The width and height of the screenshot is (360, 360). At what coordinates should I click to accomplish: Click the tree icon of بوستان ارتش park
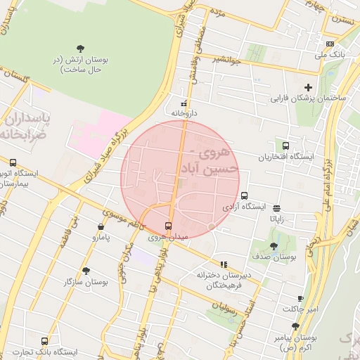click(x=80, y=48)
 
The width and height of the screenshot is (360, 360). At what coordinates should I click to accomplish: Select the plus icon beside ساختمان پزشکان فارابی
click(x=307, y=86)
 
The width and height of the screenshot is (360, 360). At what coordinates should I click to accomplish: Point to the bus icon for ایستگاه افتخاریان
click(x=285, y=145)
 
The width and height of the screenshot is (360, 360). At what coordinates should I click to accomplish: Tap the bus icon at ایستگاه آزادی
click(x=244, y=195)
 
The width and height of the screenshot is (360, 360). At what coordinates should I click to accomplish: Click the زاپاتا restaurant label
click(x=276, y=219)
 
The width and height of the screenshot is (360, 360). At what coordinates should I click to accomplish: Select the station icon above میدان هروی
click(x=168, y=226)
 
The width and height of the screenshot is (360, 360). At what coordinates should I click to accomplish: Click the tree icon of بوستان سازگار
click(x=86, y=271)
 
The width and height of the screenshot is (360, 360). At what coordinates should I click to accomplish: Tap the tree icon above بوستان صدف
click(x=274, y=246)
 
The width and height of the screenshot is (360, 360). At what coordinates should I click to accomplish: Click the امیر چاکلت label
click(x=301, y=309)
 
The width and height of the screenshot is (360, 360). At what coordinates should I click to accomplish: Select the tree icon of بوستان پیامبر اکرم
click(x=295, y=326)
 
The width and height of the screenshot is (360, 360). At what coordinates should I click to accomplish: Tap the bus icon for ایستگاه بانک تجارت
click(x=45, y=341)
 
